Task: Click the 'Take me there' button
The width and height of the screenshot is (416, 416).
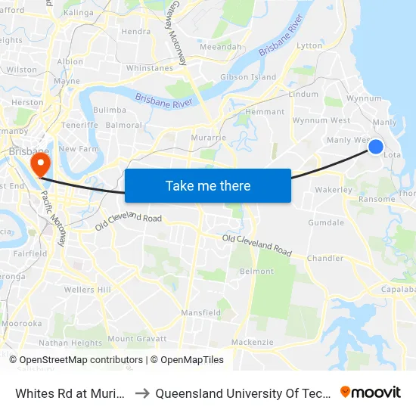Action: [208, 185]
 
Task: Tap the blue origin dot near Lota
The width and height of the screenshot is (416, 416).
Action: [376, 146]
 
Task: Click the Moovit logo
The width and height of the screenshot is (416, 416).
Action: [371, 393]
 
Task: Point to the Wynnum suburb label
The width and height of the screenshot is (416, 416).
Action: [363, 98]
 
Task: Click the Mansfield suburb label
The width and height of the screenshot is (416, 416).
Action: [200, 312]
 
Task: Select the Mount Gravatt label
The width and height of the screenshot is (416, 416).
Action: [135, 338]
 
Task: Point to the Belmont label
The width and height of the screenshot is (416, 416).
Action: [256, 271]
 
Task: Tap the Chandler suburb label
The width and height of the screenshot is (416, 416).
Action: [324, 259]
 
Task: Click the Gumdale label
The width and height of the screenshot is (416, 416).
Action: [326, 223]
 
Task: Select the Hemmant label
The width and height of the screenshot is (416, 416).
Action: [265, 112]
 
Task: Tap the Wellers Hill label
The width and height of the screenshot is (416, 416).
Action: [88, 290]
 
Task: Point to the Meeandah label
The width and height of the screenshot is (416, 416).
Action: [220, 47]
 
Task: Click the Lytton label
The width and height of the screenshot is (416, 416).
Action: [309, 46]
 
